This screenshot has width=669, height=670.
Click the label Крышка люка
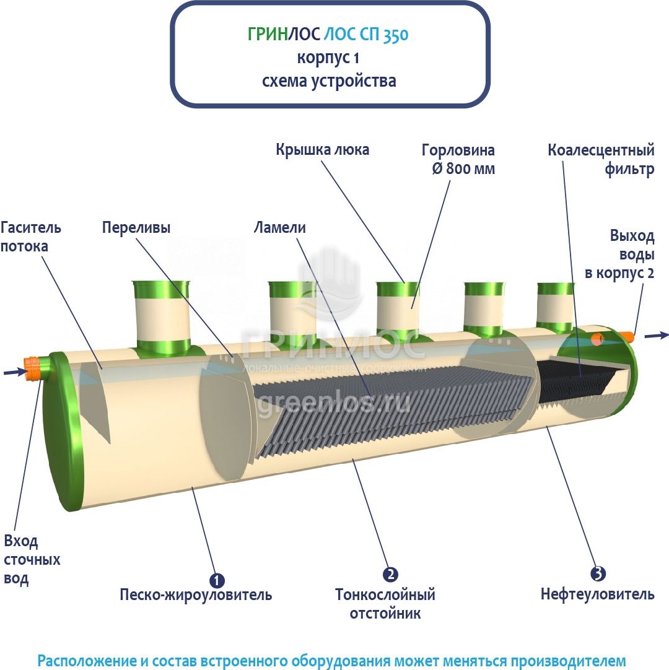[322, 150]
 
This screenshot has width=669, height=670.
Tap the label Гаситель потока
[31, 237]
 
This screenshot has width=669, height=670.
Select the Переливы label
[136, 227]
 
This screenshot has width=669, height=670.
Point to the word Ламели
[280, 227]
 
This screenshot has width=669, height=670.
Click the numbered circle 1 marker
[217, 580]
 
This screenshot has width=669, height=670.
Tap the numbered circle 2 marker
[390, 575]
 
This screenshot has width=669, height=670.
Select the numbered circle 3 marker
[598, 574]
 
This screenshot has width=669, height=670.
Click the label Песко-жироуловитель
[196, 595]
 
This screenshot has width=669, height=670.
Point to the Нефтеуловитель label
[597, 594]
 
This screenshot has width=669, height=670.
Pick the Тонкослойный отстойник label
[385, 604]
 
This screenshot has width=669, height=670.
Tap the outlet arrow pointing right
[657, 336]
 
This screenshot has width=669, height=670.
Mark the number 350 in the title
[395, 35]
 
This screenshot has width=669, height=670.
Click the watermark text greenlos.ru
[333, 402]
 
